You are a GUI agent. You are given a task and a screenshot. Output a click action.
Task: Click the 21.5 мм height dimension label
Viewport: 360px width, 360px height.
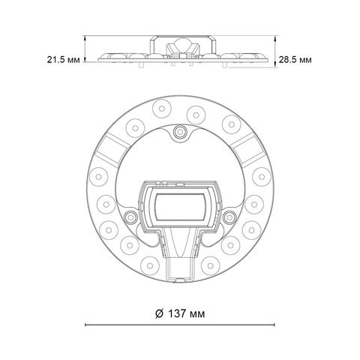64,60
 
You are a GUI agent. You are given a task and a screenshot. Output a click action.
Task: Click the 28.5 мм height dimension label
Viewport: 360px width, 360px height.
295,60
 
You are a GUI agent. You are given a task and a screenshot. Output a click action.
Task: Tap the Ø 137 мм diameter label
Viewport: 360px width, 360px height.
180,313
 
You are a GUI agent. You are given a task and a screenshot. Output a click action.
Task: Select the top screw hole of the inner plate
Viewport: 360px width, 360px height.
180,131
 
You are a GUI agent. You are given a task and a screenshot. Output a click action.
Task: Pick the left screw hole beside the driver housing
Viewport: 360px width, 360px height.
130,217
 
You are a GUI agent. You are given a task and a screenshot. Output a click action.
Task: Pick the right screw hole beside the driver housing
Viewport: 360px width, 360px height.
229,217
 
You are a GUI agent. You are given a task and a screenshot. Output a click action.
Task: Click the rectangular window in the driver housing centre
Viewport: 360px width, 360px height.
181,207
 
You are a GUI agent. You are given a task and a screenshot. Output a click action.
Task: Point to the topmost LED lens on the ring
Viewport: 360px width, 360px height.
162,109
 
